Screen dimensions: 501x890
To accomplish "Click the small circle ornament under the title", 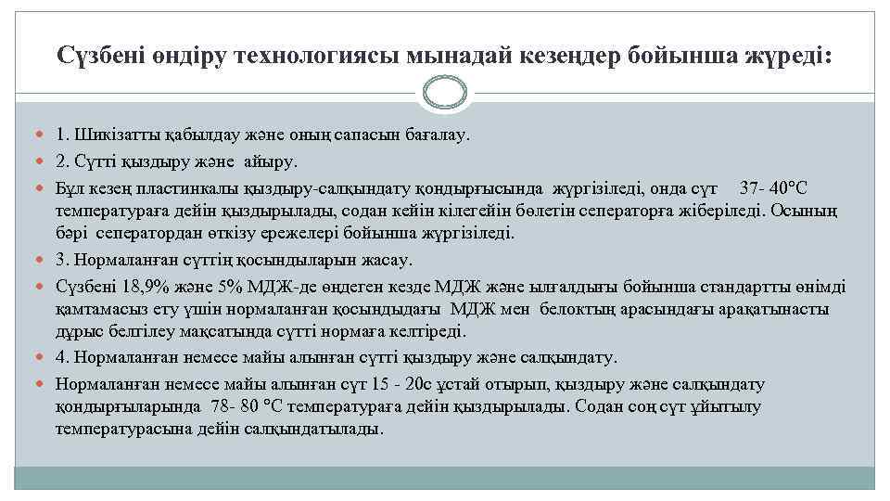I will click(445, 91).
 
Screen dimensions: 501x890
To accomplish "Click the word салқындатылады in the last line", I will click(320, 430).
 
